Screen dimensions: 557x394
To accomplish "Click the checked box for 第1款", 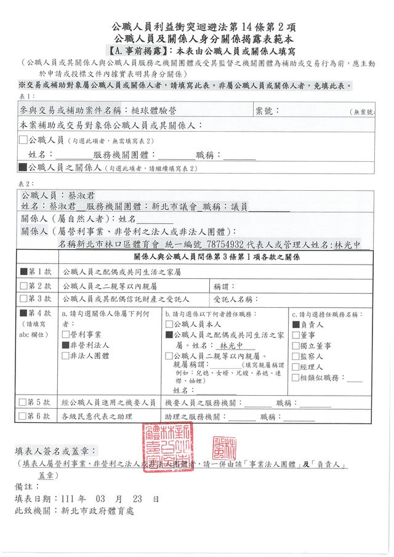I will [24, 271].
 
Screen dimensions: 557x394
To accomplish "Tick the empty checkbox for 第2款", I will [24, 286].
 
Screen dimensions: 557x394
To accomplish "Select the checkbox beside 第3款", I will [24, 299].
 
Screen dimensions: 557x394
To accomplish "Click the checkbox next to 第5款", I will [24, 402].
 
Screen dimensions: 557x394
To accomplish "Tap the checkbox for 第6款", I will [24, 416].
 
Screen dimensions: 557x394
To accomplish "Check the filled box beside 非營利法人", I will [65, 346].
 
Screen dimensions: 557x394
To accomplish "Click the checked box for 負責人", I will [295, 324].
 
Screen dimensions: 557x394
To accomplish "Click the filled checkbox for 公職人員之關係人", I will [23, 167].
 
